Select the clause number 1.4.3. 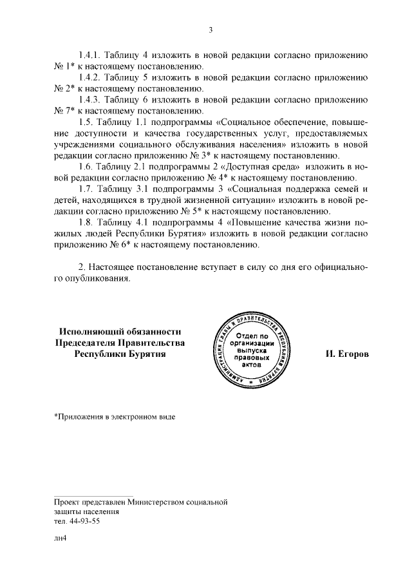[x=89, y=100]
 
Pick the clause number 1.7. [x=86, y=189]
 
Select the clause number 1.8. [x=86, y=222]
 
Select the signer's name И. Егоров [x=348, y=354]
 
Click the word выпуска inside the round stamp [x=247, y=352]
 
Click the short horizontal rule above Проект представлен [x=93, y=493]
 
